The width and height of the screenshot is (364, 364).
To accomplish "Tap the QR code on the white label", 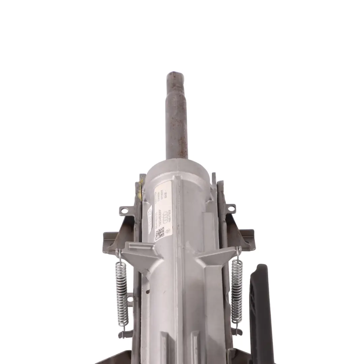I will click(159, 233).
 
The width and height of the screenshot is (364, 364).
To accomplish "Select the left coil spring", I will click(121, 293).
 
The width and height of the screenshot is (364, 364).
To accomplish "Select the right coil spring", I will click(237, 292).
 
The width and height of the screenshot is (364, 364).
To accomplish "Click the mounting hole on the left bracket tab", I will click(125, 211).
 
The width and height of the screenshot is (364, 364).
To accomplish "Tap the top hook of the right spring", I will click(239, 251).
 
